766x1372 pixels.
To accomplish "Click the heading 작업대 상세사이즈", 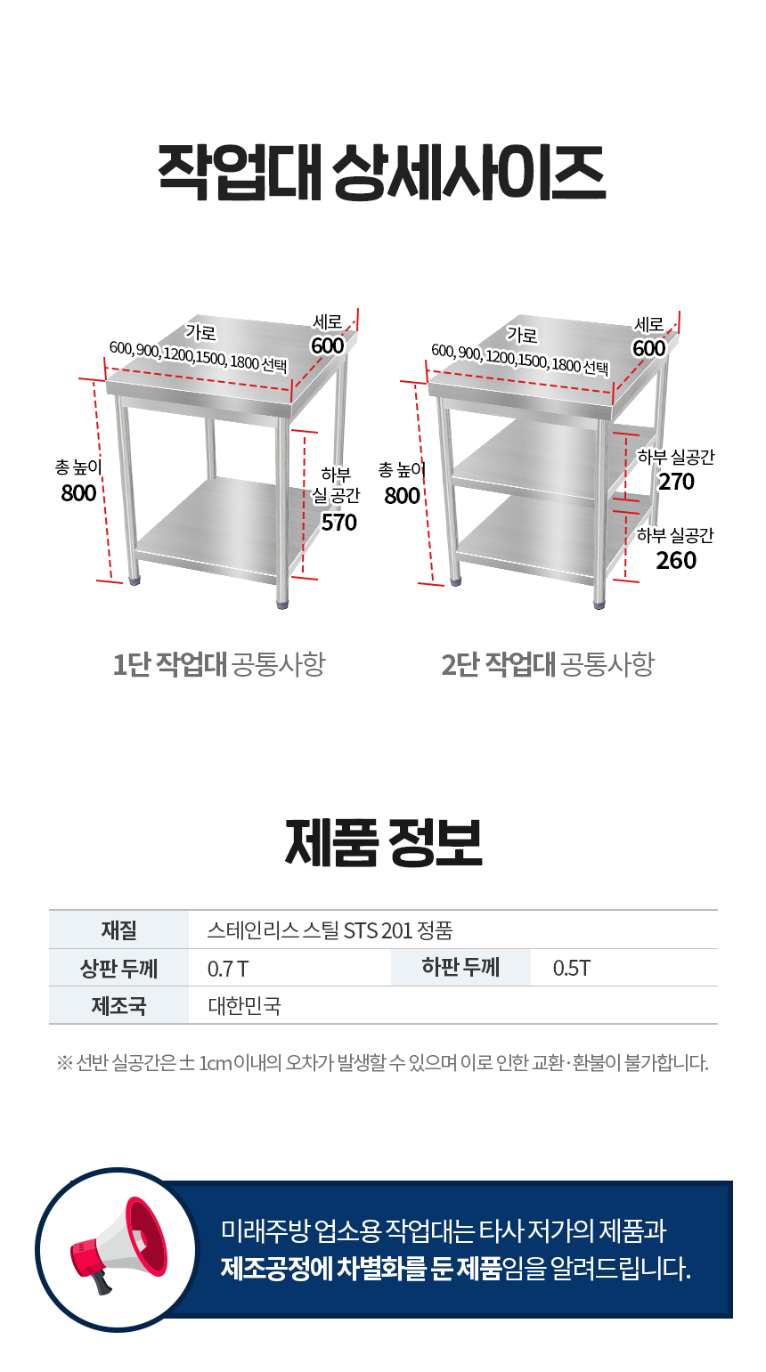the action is coord(382,173).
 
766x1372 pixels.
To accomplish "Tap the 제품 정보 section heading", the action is coord(384,843).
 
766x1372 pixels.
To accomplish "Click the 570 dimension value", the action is coord(338,523).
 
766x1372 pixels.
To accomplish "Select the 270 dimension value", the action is coord(677,482).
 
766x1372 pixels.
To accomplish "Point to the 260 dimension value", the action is coord(676,560).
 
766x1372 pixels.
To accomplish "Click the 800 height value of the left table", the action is coord(78,493).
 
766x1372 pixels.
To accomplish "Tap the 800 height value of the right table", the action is coord(402,496).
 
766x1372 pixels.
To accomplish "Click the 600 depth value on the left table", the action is coord(327,345).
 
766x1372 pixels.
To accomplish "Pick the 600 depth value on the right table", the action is coord(649,348).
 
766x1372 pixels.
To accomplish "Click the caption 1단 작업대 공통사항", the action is coord(219,664).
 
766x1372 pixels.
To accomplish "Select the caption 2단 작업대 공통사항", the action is coord(548,664).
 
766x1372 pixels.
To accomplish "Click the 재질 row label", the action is coord(118,930).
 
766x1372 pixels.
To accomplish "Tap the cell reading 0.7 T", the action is coord(228,969).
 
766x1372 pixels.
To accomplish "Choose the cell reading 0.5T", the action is coord(572,969).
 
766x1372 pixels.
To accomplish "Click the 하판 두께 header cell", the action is coord(460,967).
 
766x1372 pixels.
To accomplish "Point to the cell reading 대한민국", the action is coord(245,1006).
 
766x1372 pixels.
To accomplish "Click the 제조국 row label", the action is coord(118,1006).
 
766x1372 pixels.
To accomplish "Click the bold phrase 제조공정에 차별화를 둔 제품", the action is coord(361,1269).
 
